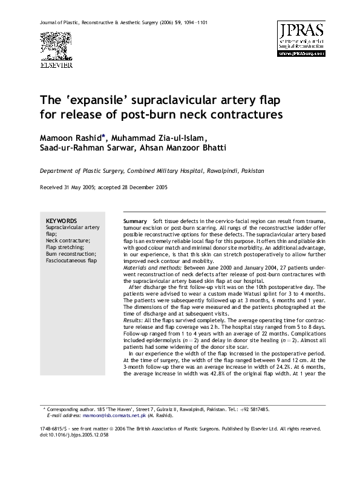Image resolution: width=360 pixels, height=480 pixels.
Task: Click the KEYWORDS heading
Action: pyautogui.click(x=61, y=221)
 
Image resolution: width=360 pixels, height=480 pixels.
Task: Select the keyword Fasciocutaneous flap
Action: pyautogui.click(x=72, y=261)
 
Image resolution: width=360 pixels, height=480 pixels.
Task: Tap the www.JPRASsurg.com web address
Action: pyautogui.click(x=301, y=53)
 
